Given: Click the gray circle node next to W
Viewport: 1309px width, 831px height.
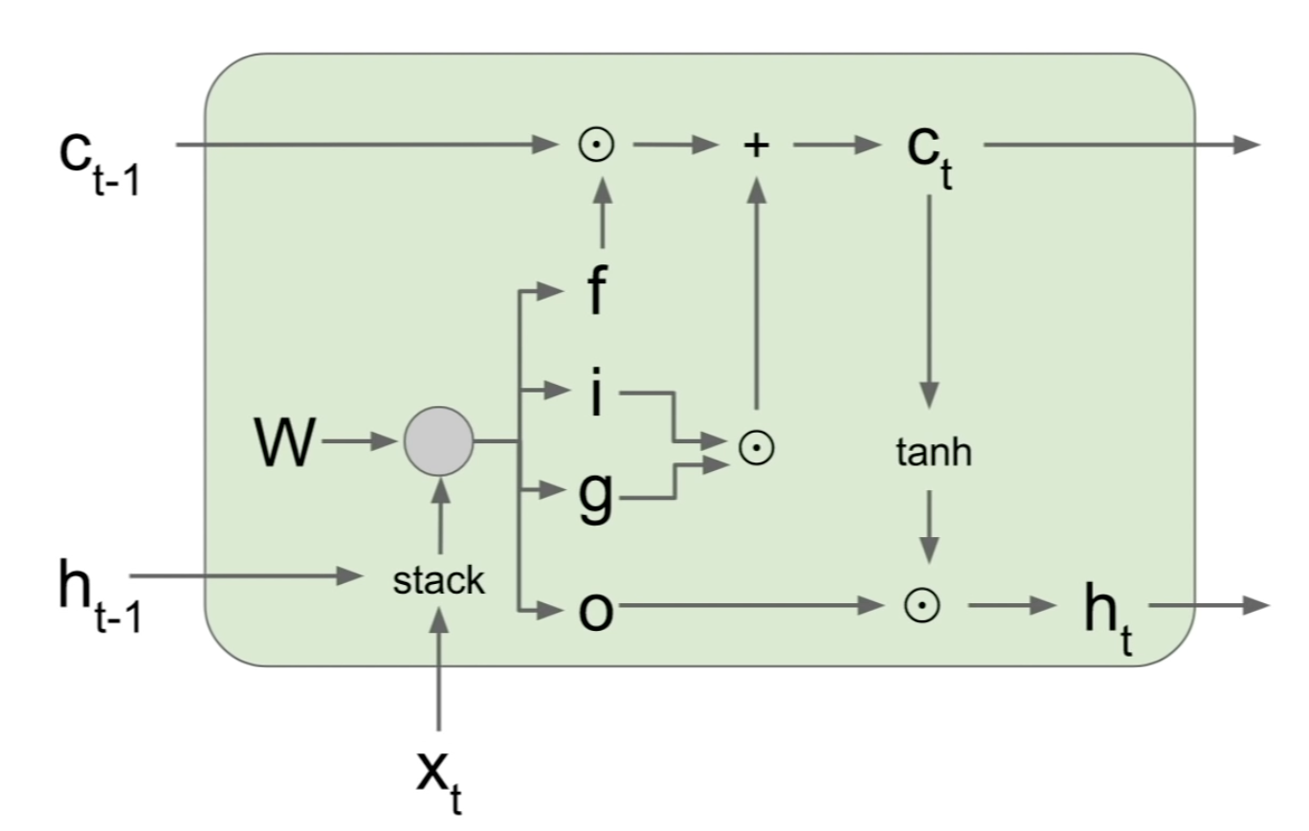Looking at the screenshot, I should (x=438, y=442).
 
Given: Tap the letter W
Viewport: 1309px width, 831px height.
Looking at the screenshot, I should (x=285, y=443).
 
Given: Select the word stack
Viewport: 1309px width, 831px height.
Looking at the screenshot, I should (x=438, y=580).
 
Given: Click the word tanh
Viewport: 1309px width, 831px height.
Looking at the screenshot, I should (x=933, y=453).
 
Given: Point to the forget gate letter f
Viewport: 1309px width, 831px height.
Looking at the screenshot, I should (x=595, y=291).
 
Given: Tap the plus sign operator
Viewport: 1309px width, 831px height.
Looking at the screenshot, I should (x=756, y=145).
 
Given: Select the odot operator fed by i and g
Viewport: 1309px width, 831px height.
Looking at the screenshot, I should (x=756, y=448).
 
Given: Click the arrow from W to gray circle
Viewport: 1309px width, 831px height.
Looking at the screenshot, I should (x=359, y=442).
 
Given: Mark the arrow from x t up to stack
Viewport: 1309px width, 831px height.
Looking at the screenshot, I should (x=439, y=670).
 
